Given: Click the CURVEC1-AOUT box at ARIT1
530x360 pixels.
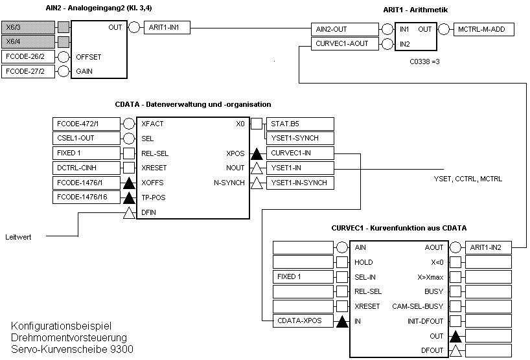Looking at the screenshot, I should coord(345,44).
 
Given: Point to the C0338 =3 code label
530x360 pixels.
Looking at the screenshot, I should coord(425,62).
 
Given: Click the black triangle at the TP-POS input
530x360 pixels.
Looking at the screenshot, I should coord(129,197).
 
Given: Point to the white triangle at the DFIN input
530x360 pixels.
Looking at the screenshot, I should coord(129,212).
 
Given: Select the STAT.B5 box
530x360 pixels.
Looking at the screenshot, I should coord(299,124).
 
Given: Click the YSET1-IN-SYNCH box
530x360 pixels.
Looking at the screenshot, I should coord(299,183).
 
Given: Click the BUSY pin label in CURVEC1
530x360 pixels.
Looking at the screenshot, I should coord(433,291).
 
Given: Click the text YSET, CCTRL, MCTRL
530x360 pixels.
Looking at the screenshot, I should coord(468,179).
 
